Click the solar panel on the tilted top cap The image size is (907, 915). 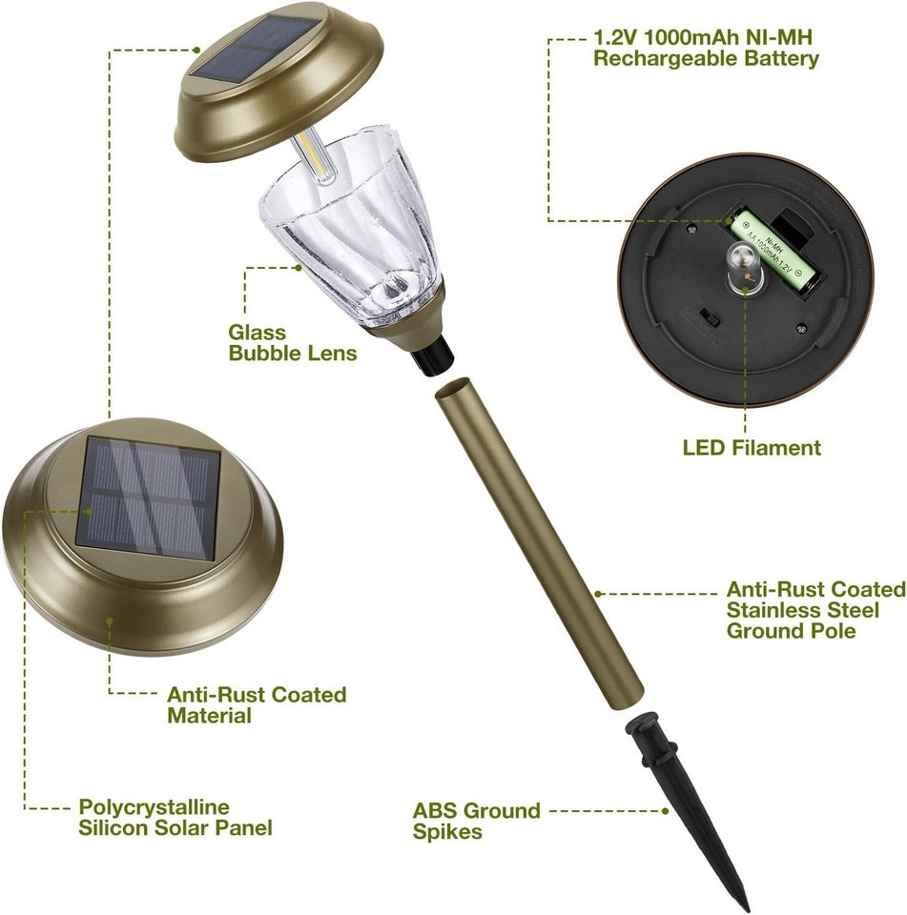click(x=257, y=48)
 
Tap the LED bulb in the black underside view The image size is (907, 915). click(x=744, y=267)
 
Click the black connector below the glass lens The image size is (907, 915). click(x=432, y=355)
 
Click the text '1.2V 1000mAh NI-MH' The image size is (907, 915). click(x=703, y=37)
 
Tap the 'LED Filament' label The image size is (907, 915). click(x=752, y=448)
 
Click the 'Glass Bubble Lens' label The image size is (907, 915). click(x=292, y=342)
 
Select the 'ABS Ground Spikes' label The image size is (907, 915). click(x=476, y=821)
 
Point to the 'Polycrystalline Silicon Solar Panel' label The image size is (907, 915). click(x=175, y=818)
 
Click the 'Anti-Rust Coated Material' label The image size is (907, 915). click(x=257, y=705)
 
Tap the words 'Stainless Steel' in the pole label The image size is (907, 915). click(x=802, y=610)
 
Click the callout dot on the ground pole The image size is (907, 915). click(x=598, y=594)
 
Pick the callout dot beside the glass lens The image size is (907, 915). click(x=299, y=268)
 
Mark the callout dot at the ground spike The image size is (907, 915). click(x=665, y=811)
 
